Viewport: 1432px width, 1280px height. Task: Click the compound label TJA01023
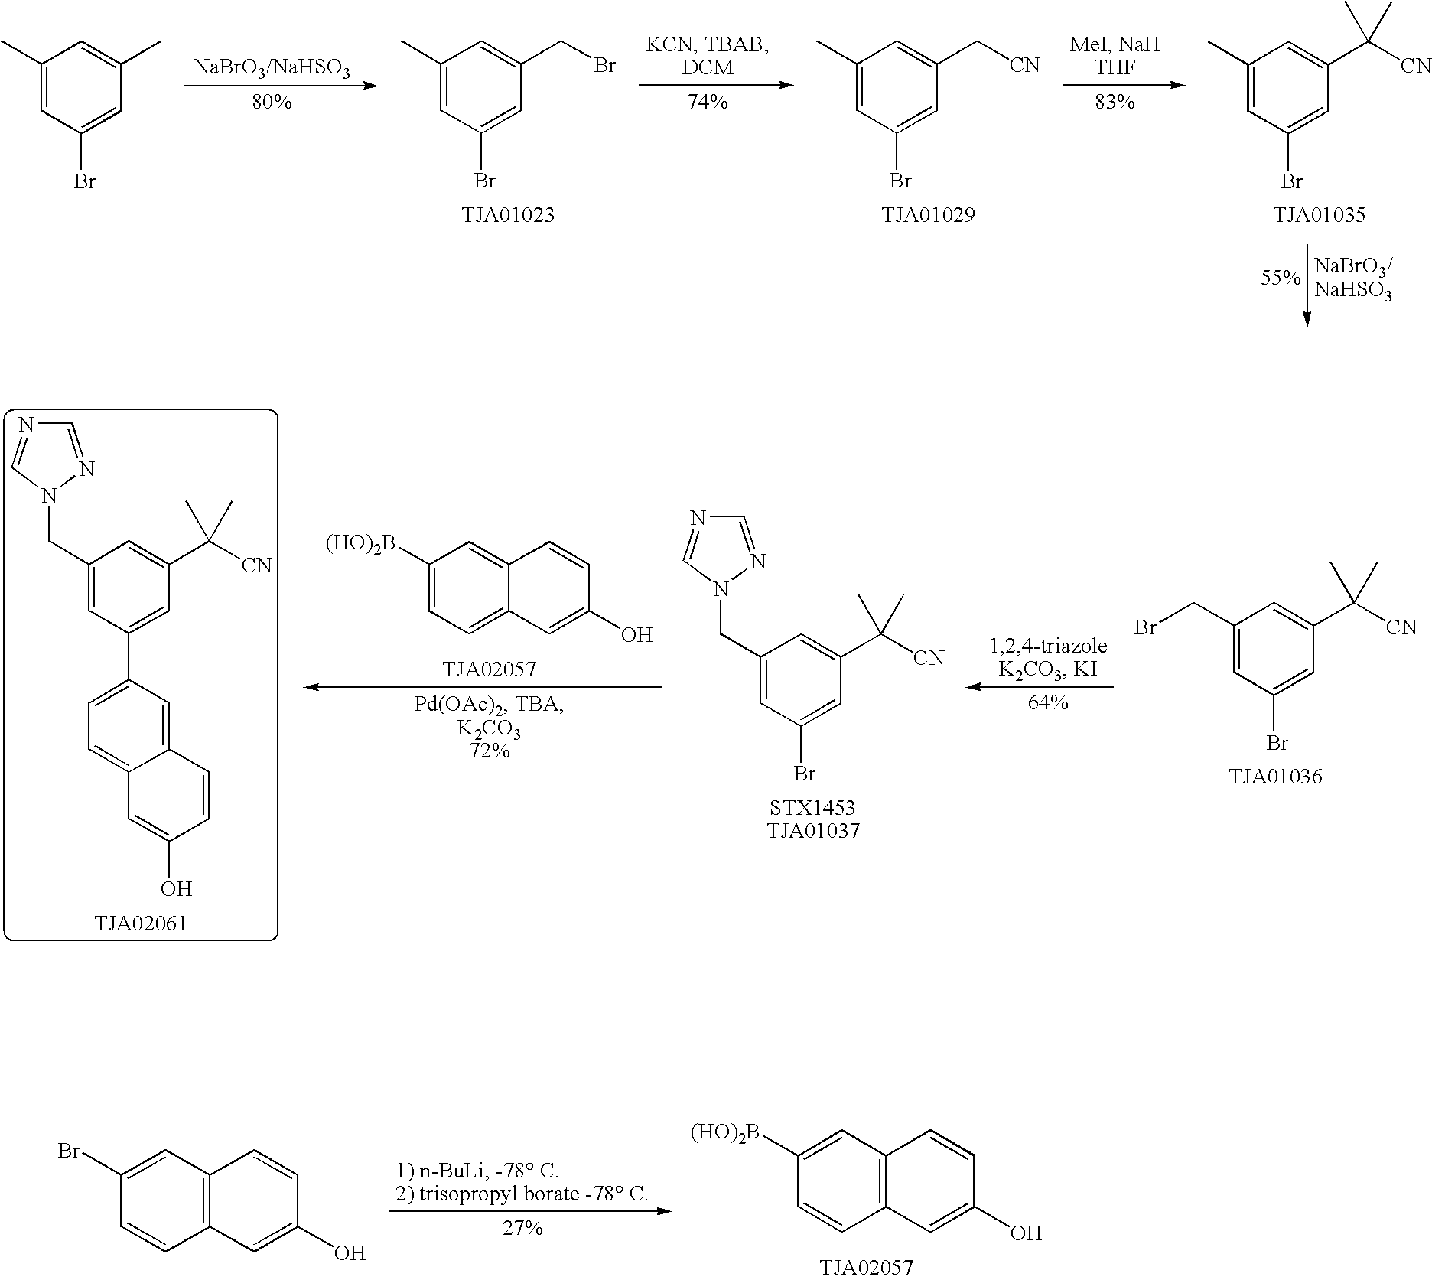pyautogui.click(x=507, y=215)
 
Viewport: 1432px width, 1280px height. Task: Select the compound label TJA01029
pyautogui.click(x=928, y=215)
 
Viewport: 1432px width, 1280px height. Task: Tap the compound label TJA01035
pyautogui.click(x=1319, y=215)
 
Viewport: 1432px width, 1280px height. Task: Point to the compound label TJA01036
pyautogui.click(x=1275, y=777)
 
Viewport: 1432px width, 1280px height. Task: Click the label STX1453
pyautogui.click(x=813, y=807)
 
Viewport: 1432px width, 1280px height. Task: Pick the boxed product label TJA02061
pyautogui.click(x=140, y=923)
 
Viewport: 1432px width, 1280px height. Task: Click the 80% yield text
pyautogui.click(x=272, y=102)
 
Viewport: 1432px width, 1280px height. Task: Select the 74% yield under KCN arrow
pyautogui.click(x=708, y=101)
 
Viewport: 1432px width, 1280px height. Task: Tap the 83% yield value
pyautogui.click(x=1115, y=101)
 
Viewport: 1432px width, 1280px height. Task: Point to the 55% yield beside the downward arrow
pyautogui.click(x=1280, y=278)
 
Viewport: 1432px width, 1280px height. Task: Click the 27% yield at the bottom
pyautogui.click(x=522, y=1228)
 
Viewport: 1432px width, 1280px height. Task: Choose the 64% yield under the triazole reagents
pyautogui.click(x=1047, y=702)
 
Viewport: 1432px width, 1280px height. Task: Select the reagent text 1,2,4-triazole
pyautogui.click(x=1047, y=647)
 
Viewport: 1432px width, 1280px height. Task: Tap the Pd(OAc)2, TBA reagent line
pyautogui.click(x=489, y=705)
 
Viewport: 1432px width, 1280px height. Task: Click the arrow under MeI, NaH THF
pyautogui.click(x=1123, y=84)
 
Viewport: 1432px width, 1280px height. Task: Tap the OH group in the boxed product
pyautogui.click(x=175, y=888)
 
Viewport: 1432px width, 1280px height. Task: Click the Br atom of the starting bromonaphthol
pyautogui.click(x=70, y=1150)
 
